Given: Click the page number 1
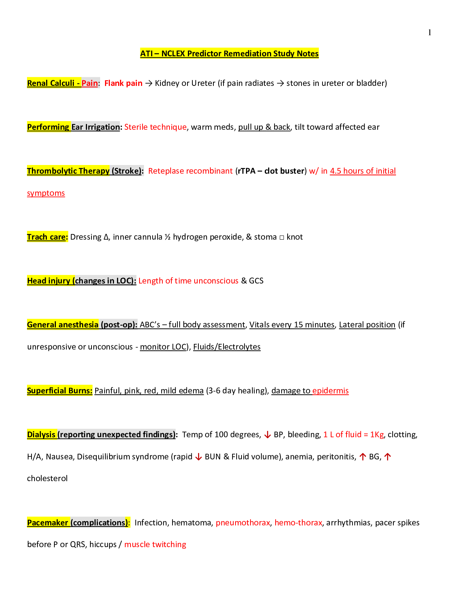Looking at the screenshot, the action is click(429, 33).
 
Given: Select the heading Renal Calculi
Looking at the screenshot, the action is click(51, 83).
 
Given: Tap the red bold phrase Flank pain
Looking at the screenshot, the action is click(123, 83).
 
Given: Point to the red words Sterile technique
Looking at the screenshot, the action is click(155, 127).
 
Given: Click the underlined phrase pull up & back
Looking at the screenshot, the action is click(264, 127).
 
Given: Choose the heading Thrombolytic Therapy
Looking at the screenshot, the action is click(68, 171).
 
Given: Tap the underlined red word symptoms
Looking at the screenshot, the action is click(46, 193).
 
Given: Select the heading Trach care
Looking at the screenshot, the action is click(46, 237).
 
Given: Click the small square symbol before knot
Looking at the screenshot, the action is click(282, 237).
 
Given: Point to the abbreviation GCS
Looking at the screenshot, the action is click(256, 281).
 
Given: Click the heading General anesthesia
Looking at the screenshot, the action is click(63, 324).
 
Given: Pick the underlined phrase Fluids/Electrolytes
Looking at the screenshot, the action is click(226, 346).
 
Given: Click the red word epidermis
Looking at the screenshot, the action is click(330, 391).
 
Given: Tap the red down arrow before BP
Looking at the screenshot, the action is click(267, 435).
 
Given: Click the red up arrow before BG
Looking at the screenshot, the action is click(363, 456).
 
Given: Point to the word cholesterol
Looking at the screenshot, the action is click(47, 478).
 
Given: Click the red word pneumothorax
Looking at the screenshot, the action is click(243, 523).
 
